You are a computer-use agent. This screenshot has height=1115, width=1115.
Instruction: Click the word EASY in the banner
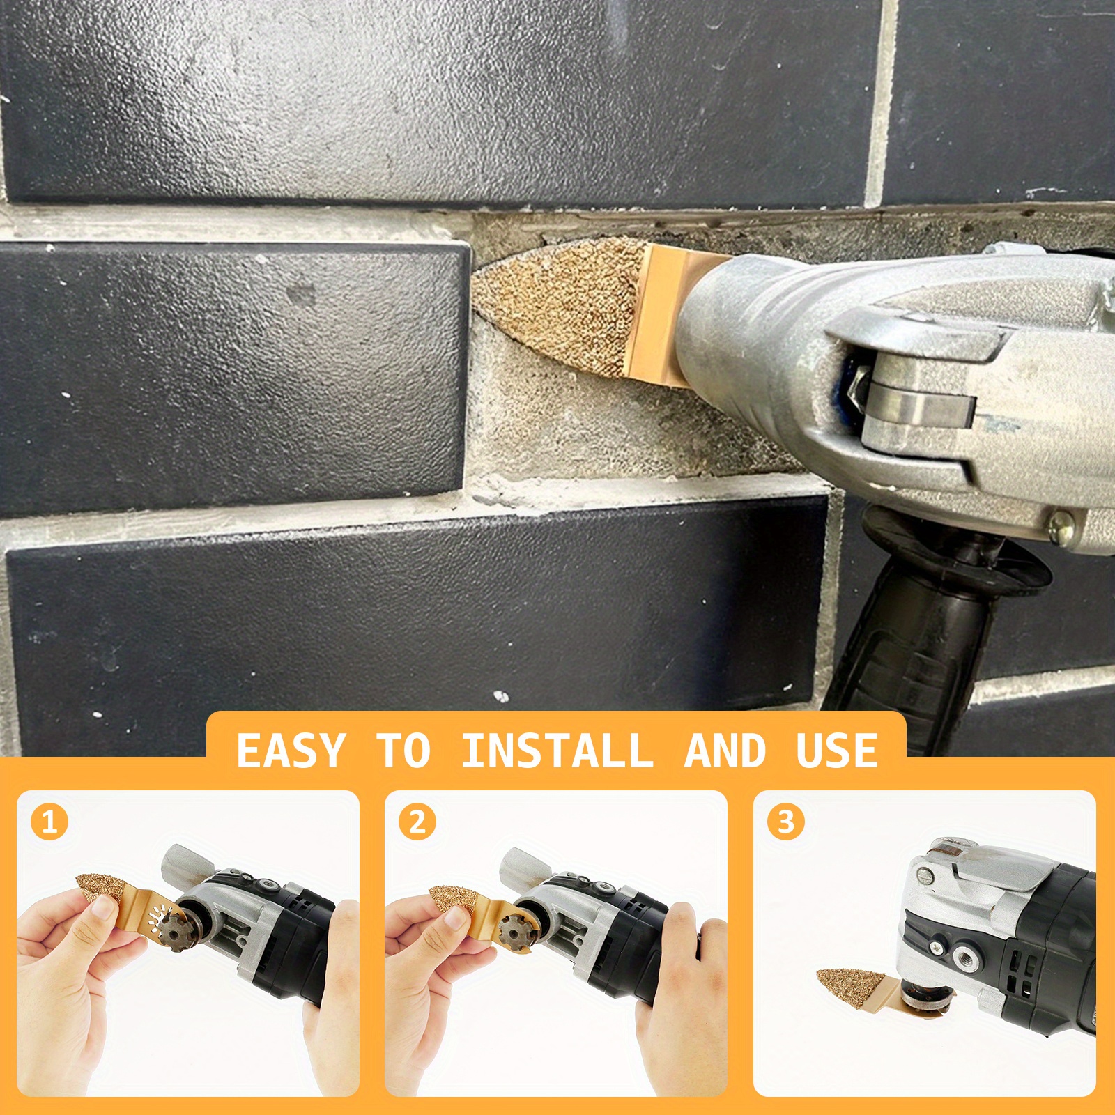[x=291, y=751]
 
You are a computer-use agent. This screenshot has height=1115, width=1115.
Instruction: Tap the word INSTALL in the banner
[x=557, y=751]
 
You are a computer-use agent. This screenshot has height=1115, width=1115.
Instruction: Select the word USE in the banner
[x=837, y=751]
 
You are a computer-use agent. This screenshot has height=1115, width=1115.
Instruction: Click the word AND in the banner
[x=725, y=751]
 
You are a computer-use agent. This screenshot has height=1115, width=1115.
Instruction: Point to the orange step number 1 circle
[x=49, y=822]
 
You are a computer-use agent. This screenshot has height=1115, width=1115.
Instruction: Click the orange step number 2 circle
[x=417, y=822]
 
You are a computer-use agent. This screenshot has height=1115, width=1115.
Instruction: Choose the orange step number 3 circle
[x=786, y=822]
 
